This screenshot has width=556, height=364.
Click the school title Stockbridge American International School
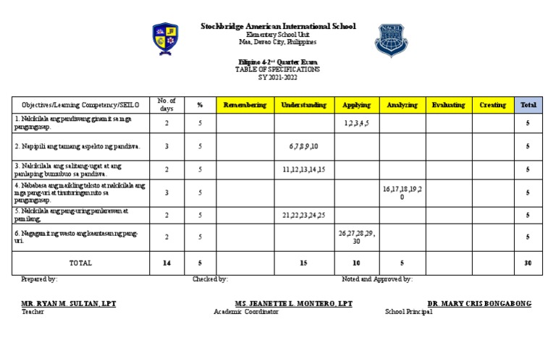click(278, 26)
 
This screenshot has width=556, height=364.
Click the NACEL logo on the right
click(390, 41)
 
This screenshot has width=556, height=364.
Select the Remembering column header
click(245, 105)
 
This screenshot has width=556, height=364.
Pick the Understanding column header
click(303, 105)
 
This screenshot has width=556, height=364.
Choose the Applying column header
click(356, 105)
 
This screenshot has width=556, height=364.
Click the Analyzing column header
click(402, 105)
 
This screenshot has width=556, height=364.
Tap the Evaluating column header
click(448, 105)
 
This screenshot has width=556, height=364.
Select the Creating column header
click(492, 105)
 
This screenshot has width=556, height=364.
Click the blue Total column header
click(528, 105)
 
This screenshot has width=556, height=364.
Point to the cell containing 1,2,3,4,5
click(356, 124)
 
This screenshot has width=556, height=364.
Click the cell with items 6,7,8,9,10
click(303, 146)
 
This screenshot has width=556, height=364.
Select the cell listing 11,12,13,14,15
click(303, 169)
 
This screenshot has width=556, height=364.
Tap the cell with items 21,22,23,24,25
click(303, 215)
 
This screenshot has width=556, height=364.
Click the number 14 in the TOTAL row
click(167, 263)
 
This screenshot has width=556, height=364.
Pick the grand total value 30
click(528, 263)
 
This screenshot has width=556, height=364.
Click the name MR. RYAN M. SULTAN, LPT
click(69, 303)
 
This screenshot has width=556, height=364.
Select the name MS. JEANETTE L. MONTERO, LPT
click(293, 303)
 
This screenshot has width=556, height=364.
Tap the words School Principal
click(408, 312)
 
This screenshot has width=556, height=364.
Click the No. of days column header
click(167, 105)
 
